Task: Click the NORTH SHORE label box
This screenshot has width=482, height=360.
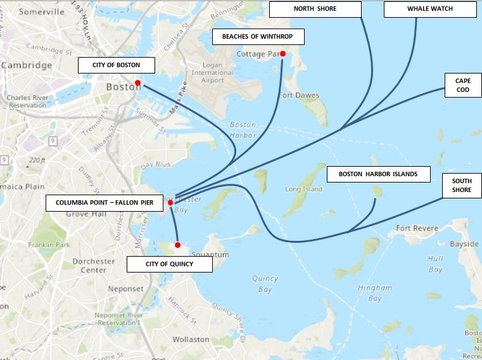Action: click(x=315, y=9)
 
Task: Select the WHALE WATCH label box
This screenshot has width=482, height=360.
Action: click(x=429, y=9)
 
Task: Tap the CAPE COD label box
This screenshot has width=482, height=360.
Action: click(x=458, y=86)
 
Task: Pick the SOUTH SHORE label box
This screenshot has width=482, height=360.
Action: click(x=461, y=185)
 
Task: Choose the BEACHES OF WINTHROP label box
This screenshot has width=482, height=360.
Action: click(x=258, y=37)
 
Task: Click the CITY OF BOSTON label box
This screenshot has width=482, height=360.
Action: click(x=117, y=65)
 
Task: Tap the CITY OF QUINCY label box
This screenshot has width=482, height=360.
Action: click(x=169, y=264)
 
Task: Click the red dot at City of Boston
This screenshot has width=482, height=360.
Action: click(x=137, y=82)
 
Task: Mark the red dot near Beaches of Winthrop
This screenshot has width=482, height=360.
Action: click(x=282, y=54)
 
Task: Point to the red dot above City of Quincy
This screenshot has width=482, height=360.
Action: click(x=177, y=245)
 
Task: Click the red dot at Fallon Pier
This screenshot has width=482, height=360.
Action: click(x=170, y=203)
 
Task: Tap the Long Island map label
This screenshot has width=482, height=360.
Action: click(x=304, y=189)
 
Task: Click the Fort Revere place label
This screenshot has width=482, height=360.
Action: click(x=416, y=228)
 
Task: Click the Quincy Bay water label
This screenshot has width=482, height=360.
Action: click(x=265, y=284)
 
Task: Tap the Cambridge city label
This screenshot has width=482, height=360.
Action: click(x=27, y=65)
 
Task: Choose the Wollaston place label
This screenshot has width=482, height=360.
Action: click(x=191, y=340)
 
